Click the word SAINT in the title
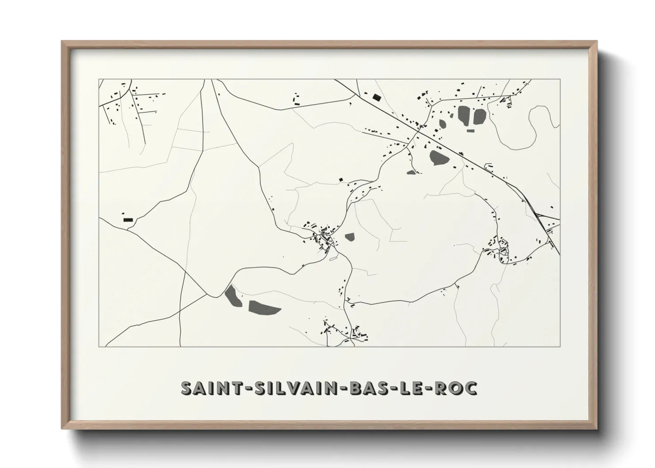208,388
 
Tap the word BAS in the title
366,388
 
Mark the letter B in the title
352,388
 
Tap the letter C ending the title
471,388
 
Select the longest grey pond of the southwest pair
264,307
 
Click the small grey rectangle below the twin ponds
471,130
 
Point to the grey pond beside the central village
350,237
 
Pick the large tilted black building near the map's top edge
377,97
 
